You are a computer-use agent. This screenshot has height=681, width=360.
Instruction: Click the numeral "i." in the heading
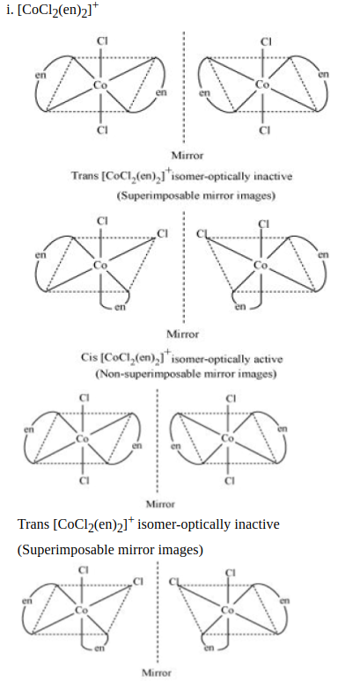pos(10,11)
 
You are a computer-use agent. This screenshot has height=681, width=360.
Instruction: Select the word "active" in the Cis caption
pos(268,359)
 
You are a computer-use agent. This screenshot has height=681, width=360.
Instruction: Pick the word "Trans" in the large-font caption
pos(33,524)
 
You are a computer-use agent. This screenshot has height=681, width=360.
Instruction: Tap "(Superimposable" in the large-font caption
pos(66,550)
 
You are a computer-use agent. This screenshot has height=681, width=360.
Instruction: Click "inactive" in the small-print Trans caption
pos(276,176)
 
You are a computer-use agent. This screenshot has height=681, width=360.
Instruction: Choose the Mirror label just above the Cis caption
pos(183,334)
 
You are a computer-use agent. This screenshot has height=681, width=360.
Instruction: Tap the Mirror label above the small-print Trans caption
pos(187,155)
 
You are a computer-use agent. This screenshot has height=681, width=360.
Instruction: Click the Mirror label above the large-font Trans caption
pos(160,504)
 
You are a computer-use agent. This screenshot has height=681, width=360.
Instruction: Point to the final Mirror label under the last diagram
pos(157,673)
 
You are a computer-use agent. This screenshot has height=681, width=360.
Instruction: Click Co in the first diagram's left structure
pos(100,84)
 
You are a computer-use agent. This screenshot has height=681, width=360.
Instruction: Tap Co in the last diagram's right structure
pos(228,611)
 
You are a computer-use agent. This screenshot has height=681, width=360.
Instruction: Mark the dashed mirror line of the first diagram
pos(183,88)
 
